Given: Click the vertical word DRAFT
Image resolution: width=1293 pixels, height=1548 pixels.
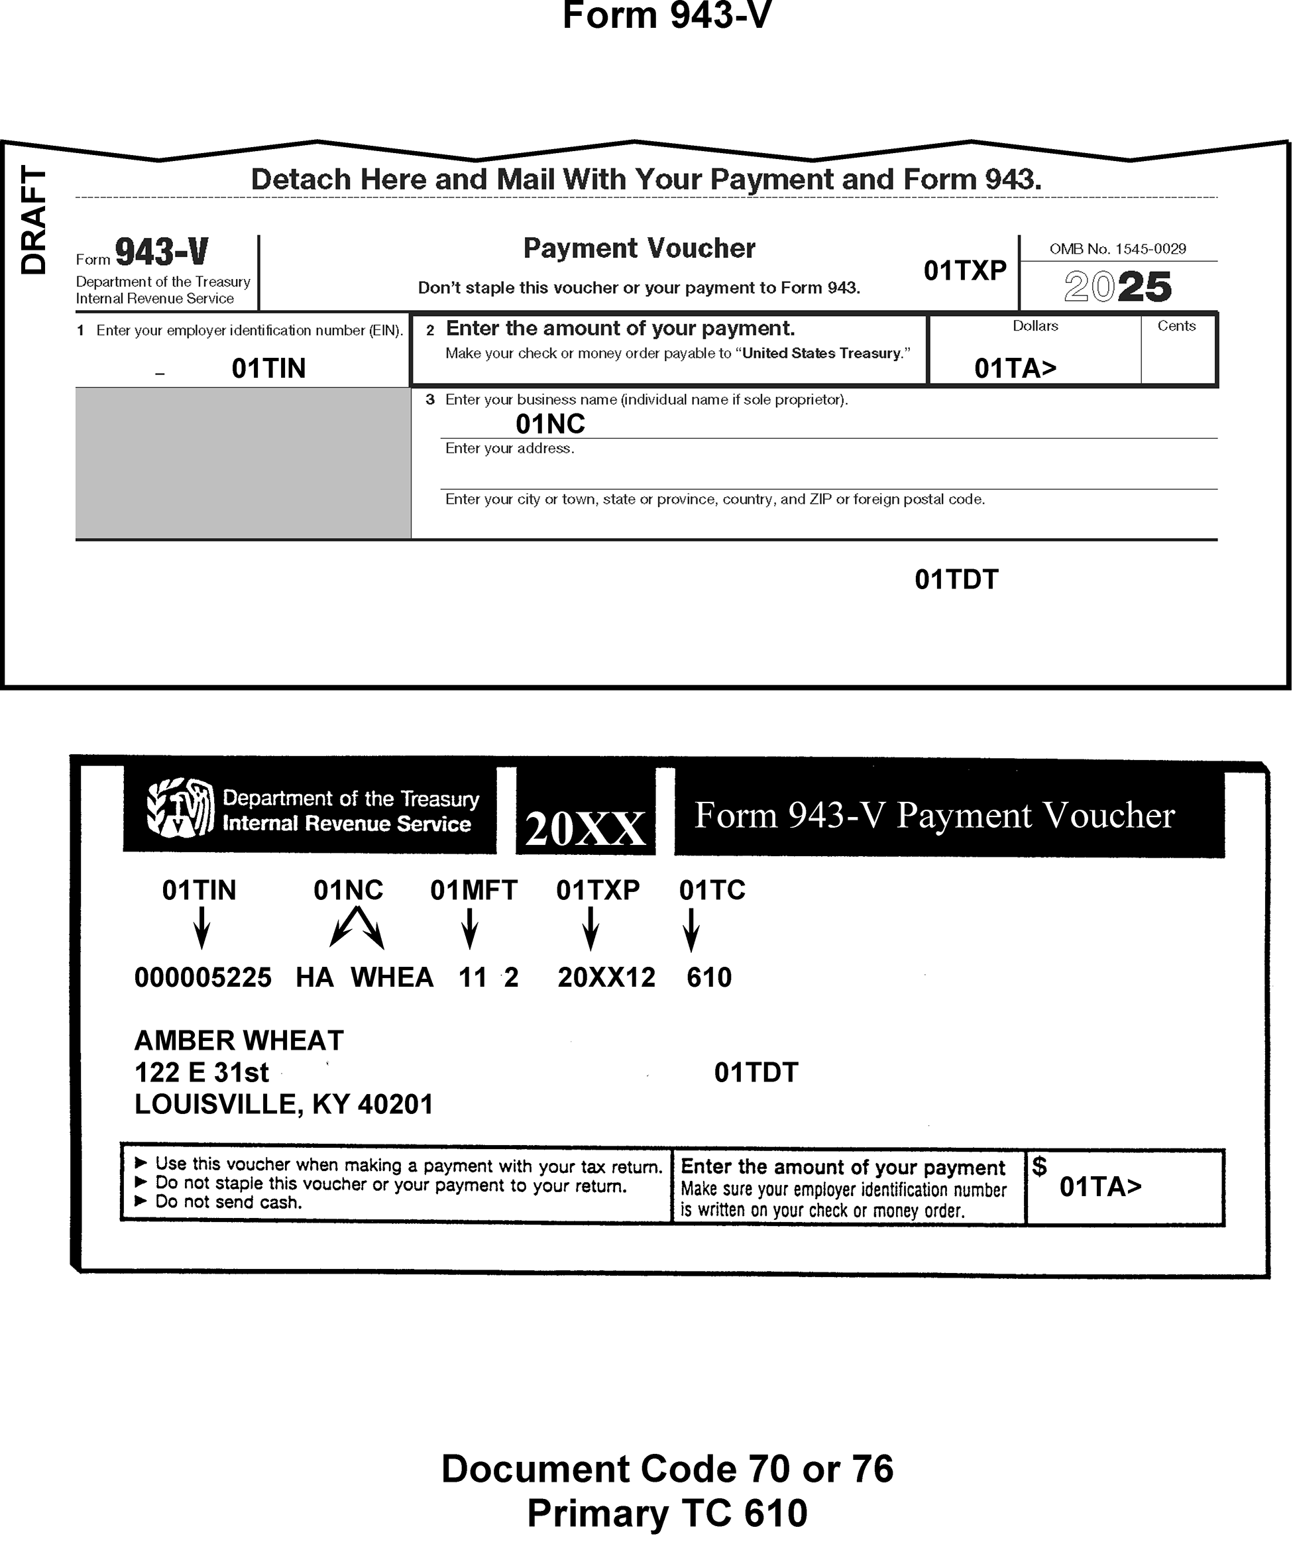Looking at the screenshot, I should (33, 219).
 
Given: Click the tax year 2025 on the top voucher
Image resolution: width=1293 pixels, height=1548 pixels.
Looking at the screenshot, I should (1117, 286).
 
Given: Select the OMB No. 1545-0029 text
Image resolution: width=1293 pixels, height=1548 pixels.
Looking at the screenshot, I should (1117, 249).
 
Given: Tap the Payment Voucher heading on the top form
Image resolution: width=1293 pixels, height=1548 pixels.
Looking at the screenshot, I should (639, 249).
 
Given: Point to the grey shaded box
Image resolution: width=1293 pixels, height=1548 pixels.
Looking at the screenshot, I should (243, 463).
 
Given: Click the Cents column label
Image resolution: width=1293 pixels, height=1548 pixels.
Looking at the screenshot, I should (1176, 326).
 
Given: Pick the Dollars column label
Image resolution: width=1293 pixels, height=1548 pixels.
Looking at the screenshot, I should (1035, 326).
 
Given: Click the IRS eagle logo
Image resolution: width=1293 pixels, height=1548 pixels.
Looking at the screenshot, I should (181, 808).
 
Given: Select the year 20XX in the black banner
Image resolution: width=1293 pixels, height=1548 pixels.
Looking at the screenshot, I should (585, 828).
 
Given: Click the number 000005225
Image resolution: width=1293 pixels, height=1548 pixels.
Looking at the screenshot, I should (203, 977).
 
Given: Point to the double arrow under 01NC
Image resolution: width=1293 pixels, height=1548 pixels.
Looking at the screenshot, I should (356, 926).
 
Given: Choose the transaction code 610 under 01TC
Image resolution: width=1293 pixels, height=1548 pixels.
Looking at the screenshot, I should (708, 977).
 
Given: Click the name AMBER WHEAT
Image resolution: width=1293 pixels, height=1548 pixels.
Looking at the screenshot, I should (239, 1041).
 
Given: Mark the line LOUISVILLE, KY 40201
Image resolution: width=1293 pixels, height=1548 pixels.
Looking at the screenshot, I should (283, 1104).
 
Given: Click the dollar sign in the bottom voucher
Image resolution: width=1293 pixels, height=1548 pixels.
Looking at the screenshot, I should (1039, 1166).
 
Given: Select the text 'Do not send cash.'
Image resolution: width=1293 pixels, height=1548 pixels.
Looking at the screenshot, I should (228, 1202).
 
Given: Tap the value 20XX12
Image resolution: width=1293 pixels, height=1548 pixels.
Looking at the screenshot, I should (606, 977).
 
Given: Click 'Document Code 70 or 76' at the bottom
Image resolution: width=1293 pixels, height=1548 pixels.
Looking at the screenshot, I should (667, 1468).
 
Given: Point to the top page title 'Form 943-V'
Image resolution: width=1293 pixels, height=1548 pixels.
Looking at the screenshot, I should (667, 16).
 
